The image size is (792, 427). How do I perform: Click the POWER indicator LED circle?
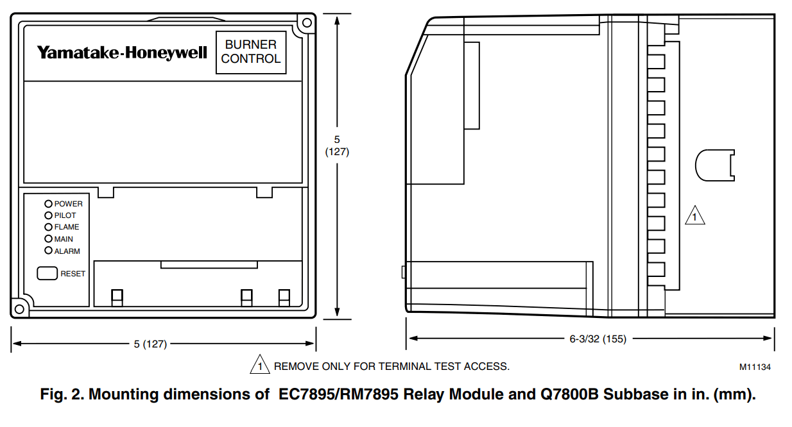coord(48,204)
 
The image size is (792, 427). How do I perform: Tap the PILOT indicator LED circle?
coord(48,215)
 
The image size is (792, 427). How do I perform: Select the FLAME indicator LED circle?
coord(48,227)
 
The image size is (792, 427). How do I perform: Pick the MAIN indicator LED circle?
coord(48,239)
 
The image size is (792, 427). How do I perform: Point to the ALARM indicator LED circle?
coord(48,251)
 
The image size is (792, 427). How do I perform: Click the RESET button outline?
coord(47,273)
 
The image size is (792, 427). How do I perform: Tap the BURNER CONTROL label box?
coord(251,52)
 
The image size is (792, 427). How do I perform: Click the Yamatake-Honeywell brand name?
coord(122,53)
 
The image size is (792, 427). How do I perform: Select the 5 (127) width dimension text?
coord(150,344)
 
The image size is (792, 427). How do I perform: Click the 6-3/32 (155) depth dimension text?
coord(598,339)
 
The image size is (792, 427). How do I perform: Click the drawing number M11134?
coord(755,367)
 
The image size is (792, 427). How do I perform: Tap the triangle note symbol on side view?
coord(694,216)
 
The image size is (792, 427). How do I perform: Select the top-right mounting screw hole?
coord(307,23)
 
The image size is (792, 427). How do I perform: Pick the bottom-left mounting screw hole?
coord(19,309)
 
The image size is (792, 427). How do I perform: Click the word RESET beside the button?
coord(73,274)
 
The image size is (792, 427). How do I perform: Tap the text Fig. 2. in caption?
coord(60,394)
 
